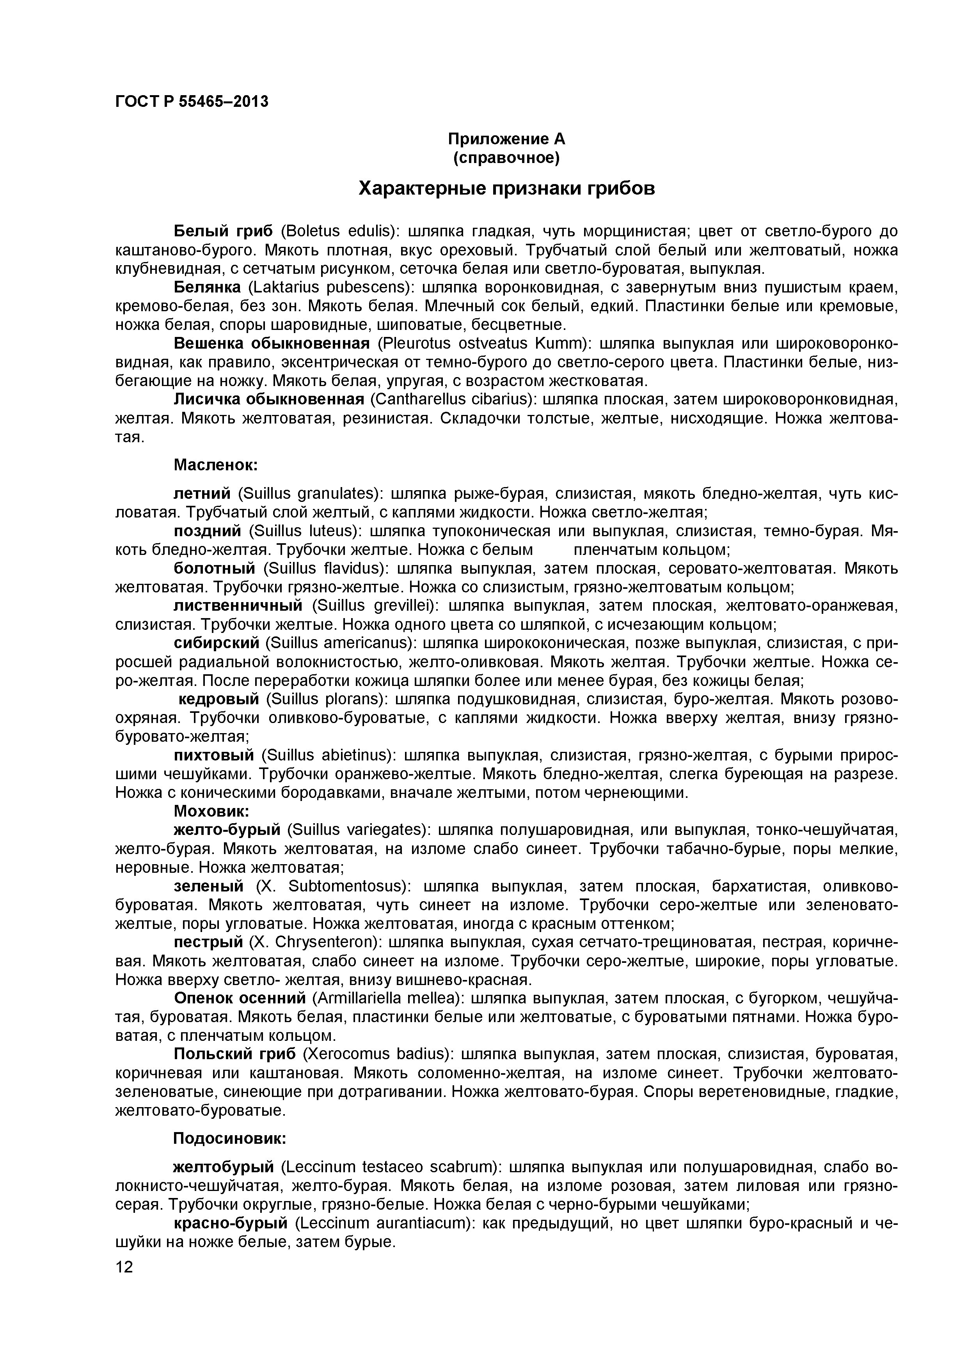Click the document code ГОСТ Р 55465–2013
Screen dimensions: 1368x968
pyautogui.click(x=191, y=102)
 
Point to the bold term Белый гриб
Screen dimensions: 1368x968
pyautogui.click(x=223, y=231)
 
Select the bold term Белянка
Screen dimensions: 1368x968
pyautogui.click(x=207, y=288)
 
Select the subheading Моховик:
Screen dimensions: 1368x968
pyautogui.click(x=211, y=811)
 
